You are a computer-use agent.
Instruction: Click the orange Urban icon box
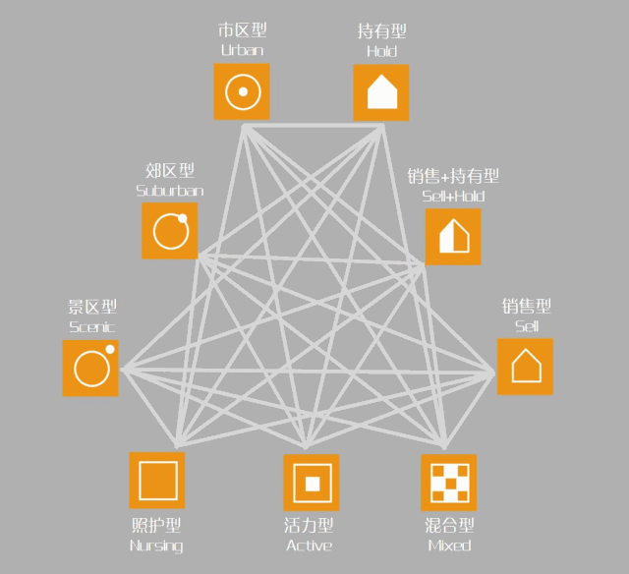click(241, 91)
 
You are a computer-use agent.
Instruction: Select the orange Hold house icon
click(381, 92)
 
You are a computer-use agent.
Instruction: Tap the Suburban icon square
click(170, 231)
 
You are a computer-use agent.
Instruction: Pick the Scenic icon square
click(90, 368)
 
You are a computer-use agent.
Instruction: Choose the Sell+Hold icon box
click(453, 237)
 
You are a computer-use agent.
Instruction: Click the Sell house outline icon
click(525, 367)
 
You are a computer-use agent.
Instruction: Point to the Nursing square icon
click(157, 481)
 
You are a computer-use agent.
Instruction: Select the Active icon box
click(312, 483)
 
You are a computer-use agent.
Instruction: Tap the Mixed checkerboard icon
click(449, 483)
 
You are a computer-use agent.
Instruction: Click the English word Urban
click(242, 50)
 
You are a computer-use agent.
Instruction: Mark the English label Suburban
click(170, 191)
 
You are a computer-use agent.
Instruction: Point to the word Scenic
click(91, 326)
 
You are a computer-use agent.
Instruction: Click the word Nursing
click(156, 545)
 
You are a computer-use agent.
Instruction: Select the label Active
click(310, 545)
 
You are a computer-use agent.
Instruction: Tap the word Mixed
click(450, 545)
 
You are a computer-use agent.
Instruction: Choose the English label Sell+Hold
click(453, 197)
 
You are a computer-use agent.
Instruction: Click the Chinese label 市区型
click(242, 31)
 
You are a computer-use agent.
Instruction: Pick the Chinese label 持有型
click(381, 31)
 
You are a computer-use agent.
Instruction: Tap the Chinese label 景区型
click(91, 308)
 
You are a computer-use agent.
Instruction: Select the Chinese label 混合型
click(450, 527)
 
